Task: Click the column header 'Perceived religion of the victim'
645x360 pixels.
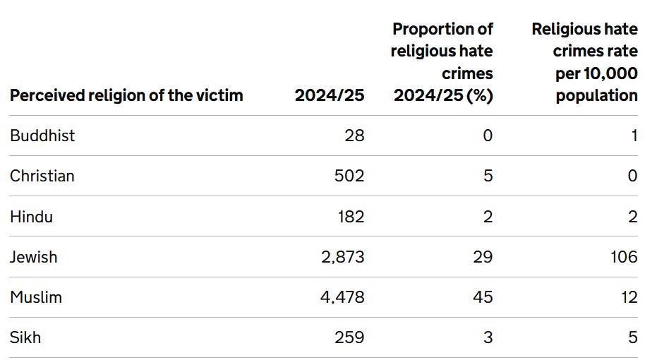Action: (126, 95)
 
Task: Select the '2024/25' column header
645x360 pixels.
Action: (330, 95)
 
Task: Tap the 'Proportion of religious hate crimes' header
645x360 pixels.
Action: (442, 62)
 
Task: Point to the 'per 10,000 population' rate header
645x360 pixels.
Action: (584, 62)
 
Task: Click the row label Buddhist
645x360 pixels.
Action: (42, 136)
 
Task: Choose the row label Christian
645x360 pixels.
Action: (42, 176)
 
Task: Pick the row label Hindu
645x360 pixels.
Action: (31, 217)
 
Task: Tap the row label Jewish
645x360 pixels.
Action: (33, 257)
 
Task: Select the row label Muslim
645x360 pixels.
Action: (36, 297)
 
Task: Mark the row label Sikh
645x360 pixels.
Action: (25, 337)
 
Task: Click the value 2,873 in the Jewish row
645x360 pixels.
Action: (343, 257)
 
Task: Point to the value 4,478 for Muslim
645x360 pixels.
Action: (342, 297)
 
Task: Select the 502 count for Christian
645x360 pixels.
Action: (349, 176)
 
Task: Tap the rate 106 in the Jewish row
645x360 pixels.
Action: (624, 257)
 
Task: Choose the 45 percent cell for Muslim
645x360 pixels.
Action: (483, 297)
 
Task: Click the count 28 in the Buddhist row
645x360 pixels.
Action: (354, 136)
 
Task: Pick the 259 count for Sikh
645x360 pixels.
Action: (349, 337)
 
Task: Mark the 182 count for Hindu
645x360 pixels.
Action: (351, 217)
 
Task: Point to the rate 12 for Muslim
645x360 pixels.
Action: (629, 297)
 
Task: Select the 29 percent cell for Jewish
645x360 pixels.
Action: (483, 257)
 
